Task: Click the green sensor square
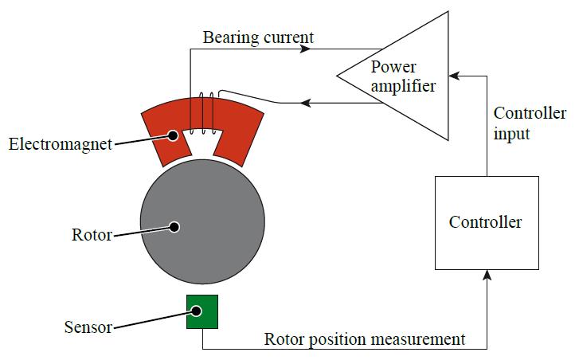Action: [202, 311]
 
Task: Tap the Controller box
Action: [486, 222]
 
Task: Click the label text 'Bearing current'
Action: [258, 37]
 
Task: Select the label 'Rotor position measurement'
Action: [365, 339]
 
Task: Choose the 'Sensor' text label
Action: [87, 327]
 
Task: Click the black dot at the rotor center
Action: [174, 226]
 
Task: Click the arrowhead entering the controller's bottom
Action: [487, 275]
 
